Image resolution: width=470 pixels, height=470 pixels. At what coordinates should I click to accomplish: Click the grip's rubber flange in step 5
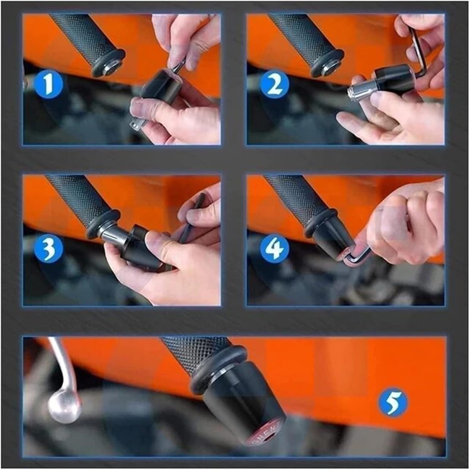tap(216, 367)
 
